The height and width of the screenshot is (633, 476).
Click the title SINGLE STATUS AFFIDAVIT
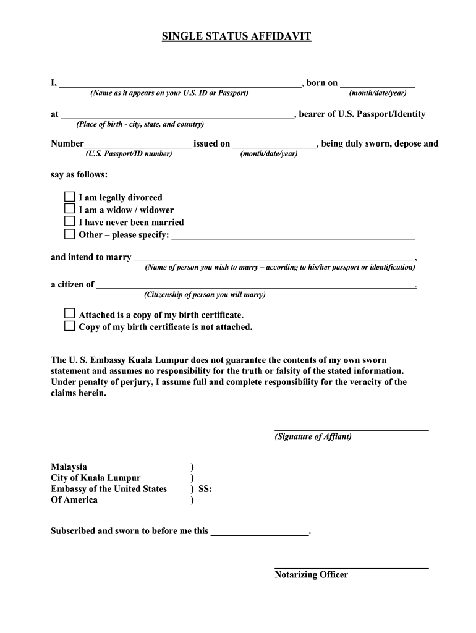coord(236,37)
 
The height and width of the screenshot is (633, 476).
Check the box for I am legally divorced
coord(70,197)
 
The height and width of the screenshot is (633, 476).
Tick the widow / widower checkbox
coord(70,210)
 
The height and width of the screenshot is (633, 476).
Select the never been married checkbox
coord(70,222)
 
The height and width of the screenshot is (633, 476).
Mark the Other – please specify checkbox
coord(70,234)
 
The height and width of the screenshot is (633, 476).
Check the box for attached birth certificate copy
coord(70,314)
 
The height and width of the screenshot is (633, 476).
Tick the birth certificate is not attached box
coord(70,326)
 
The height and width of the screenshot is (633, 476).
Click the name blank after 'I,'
coord(179,84)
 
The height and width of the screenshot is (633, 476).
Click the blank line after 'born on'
coord(377,84)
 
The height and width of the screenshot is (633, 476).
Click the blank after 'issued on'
coord(274,145)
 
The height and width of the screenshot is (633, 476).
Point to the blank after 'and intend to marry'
coord(274,258)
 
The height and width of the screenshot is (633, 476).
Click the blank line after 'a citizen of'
coord(256,286)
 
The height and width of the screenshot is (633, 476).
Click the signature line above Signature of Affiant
coord(351,427)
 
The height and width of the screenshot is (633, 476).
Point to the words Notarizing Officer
coord(311,575)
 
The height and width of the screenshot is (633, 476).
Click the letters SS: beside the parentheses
coord(205,489)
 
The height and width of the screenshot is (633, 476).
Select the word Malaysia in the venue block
coord(69,467)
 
